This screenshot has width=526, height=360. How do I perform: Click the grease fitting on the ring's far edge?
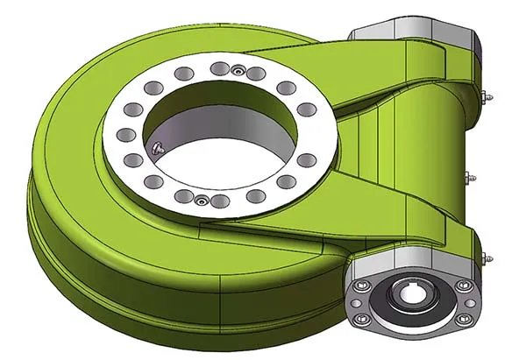pyautogui.click(x=237, y=68)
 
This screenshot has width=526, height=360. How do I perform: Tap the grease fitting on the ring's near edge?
pyautogui.click(x=201, y=201)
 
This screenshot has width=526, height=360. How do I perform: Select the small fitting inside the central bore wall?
pyautogui.click(x=154, y=148)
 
